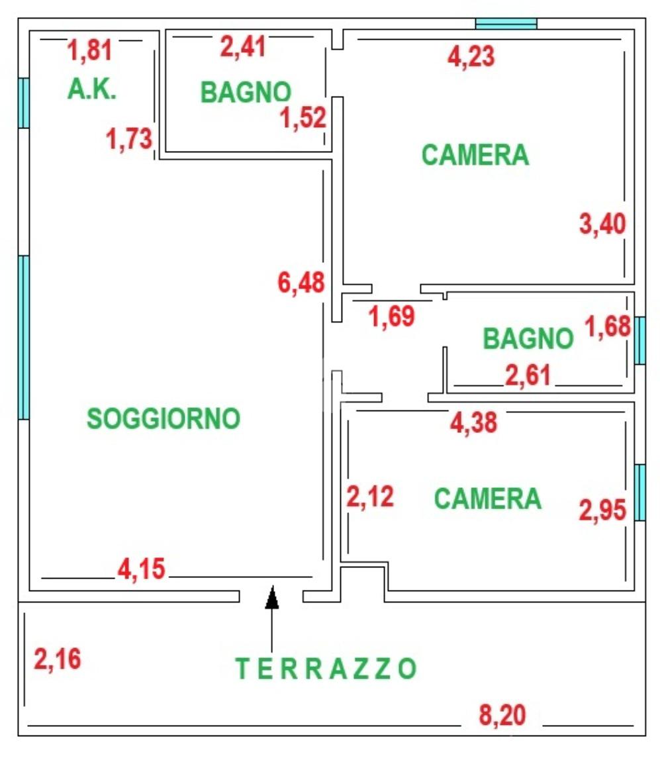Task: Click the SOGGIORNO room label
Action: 163,418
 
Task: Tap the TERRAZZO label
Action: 326,669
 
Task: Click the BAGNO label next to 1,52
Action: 246,92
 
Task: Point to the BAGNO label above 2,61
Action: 528,338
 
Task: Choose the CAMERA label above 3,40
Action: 475,155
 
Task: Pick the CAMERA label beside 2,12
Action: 487,499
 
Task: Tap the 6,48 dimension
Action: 301,283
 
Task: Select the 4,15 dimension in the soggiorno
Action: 141,569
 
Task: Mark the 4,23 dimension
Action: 471,57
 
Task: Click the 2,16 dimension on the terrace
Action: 58,659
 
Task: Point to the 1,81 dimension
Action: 91,50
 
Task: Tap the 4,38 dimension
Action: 473,422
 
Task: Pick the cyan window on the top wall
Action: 506,24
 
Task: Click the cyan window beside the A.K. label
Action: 24,103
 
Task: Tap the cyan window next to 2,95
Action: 640,492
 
